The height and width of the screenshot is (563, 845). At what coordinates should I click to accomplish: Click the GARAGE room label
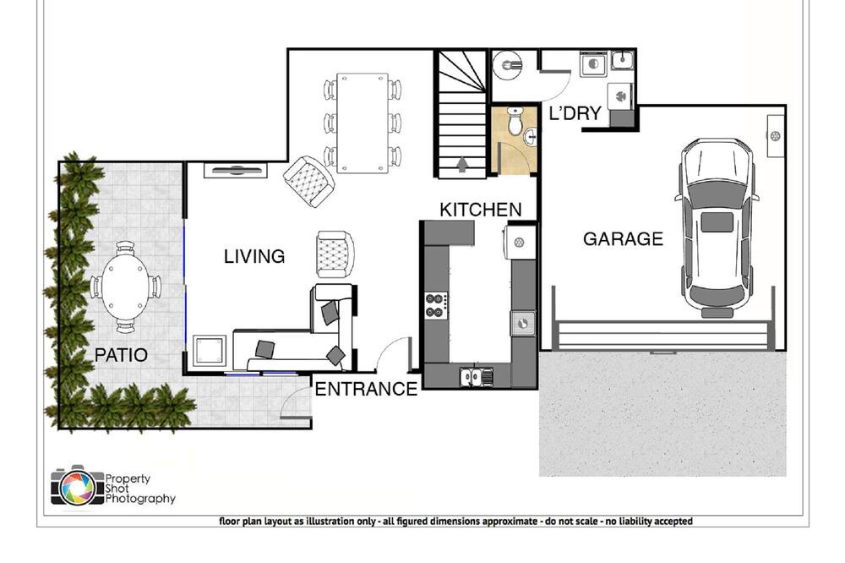(x=623, y=239)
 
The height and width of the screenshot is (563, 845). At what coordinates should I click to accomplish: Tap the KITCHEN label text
(x=481, y=210)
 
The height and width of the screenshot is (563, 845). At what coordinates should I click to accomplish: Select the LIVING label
(x=254, y=256)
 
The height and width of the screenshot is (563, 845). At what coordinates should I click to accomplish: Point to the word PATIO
(x=121, y=355)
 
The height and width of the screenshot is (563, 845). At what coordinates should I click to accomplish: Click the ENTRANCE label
(x=367, y=389)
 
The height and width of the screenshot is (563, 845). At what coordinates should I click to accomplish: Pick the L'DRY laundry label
(x=575, y=113)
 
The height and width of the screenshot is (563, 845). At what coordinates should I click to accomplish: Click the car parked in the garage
(x=717, y=227)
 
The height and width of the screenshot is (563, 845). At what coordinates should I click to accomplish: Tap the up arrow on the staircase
(x=462, y=164)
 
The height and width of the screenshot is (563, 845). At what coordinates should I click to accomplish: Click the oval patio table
(x=124, y=287)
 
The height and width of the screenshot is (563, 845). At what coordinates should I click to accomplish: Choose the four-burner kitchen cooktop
(x=436, y=305)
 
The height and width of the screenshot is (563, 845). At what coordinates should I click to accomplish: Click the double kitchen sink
(x=477, y=376)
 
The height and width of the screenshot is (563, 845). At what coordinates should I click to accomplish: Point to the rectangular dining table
(x=363, y=123)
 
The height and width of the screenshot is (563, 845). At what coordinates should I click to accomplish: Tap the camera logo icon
(x=77, y=486)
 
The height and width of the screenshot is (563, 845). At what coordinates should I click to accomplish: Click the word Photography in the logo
(x=140, y=499)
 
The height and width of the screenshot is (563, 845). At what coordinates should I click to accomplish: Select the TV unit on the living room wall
(x=236, y=171)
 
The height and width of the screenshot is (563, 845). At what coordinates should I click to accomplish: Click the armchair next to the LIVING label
(x=334, y=254)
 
